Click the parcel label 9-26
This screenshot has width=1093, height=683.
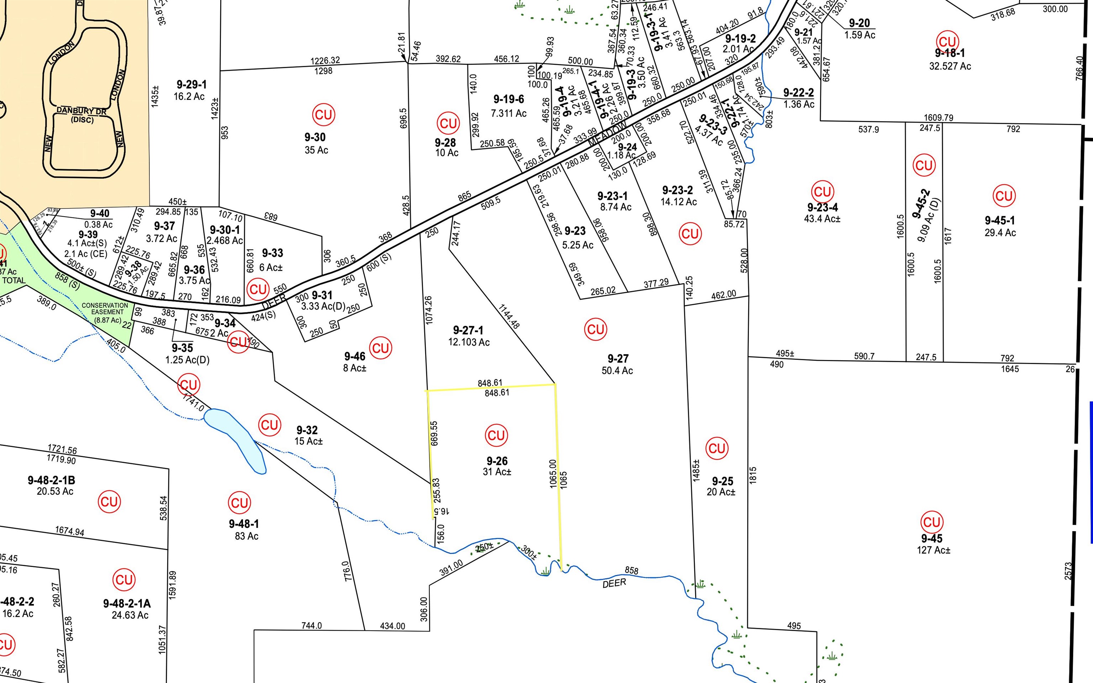coord(497,461)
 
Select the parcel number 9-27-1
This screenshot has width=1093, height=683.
coord(468,330)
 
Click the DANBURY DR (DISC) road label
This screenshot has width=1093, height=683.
coord(82,115)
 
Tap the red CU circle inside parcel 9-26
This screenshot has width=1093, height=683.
coord(496,435)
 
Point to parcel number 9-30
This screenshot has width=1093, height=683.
coord(315,137)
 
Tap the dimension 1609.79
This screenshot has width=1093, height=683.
coord(939,117)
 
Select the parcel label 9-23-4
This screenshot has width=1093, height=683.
coord(823,207)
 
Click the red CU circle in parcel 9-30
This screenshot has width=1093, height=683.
coord(324,115)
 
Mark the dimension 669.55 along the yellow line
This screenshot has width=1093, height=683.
coord(434,433)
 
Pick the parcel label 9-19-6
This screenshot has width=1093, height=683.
coord(508,99)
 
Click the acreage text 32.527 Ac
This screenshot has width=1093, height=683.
coord(950,66)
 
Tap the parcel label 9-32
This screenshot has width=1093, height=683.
coord(307,430)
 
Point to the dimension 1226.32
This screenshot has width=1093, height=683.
coord(325,60)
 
